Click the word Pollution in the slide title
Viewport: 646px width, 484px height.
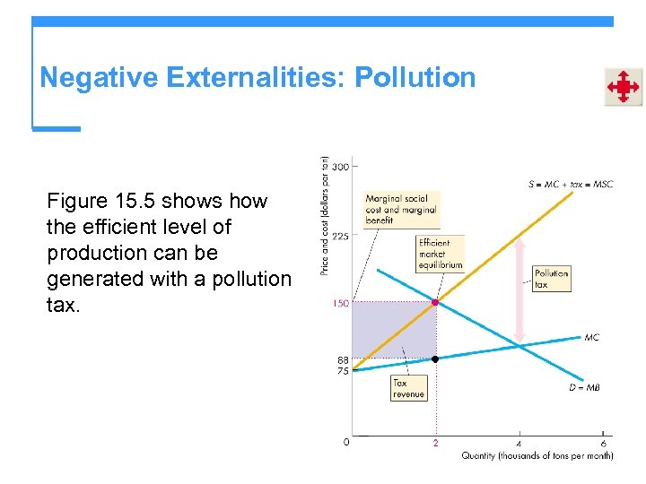pyautogui.click(x=415, y=78)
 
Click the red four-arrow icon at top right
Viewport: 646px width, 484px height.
pyautogui.click(x=623, y=87)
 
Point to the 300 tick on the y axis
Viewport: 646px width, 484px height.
pyautogui.click(x=341, y=166)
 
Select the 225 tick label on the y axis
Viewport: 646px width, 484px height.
pyautogui.click(x=341, y=237)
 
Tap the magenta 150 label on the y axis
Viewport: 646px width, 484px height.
pyautogui.click(x=340, y=304)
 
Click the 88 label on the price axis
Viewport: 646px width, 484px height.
pyautogui.click(x=343, y=359)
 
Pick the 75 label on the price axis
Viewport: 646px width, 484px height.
pyautogui.click(x=343, y=370)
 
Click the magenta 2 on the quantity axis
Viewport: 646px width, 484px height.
pyautogui.click(x=436, y=443)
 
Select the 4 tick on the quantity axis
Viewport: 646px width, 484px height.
pyautogui.click(x=519, y=443)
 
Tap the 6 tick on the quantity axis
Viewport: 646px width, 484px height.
pyautogui.click(x=602, y=443)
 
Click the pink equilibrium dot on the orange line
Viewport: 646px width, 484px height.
pyautogui.click(x=436, y=303)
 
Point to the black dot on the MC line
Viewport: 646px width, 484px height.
pyautogui.click(x=436, y=359)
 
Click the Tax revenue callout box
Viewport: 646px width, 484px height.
pyautogui.click(x=409, y=388)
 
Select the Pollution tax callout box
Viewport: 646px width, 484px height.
pyautogui.click(x=551, y=279)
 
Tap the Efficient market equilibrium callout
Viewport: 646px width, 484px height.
pyautogui.click(x=441, y=254)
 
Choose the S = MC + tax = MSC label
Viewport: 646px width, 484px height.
pyautogui.click(x=570, y=185)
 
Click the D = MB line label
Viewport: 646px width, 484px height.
pyautogui.click(x=584, y=387)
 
